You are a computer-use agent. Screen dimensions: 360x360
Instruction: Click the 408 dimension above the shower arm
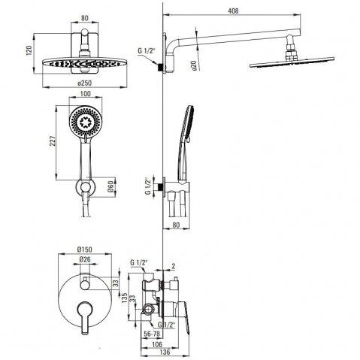click(233, 11)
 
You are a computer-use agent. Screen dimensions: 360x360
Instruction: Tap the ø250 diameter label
click(85, 83)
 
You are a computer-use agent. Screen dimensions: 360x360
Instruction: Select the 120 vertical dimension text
click(29, 50)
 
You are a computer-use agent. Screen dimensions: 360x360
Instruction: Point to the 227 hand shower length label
click(52, 142)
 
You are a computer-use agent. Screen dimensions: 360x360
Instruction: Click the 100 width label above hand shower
click(85, 94)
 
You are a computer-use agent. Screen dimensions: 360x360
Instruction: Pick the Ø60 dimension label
click(111, 187)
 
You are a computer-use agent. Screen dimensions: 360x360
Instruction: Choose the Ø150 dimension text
click(85, 250)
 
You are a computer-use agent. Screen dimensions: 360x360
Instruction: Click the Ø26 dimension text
click(85, 259)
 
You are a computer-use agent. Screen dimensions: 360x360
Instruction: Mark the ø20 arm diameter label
click(194, 65)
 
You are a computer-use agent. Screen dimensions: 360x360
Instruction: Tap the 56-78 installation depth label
click(152, 334)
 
